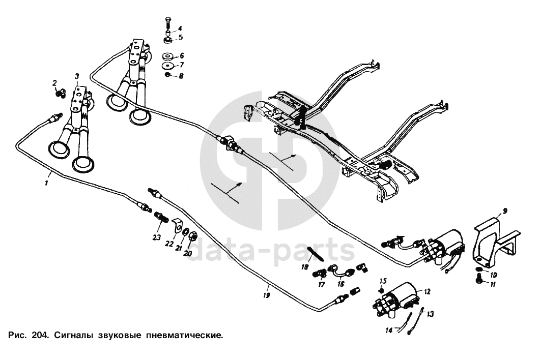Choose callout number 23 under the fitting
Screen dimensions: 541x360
[x=156, y=237]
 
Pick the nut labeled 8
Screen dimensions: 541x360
[x=168, y=76]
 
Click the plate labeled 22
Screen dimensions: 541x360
[x=178, y=225]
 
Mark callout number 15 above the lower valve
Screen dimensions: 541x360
[x=383, y=281]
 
